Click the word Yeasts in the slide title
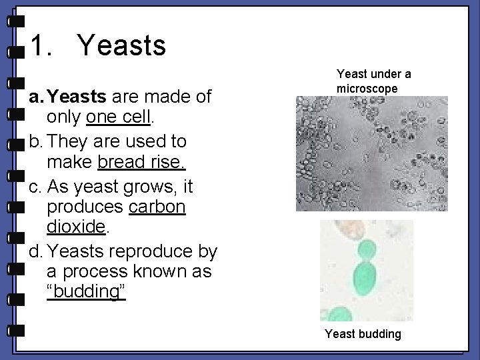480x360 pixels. click(x=121, y=46)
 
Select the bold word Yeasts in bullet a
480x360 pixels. click(x=77, y=97)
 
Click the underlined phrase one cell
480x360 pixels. click(x=119, y=118)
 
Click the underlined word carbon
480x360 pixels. click(x=157, y=207)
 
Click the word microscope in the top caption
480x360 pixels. click(x=367, y=89)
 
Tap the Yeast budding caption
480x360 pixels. click(x=363, y=334)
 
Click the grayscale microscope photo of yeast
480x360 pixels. click(x=371, y=153)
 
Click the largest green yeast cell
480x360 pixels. click(x=365, y=279)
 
